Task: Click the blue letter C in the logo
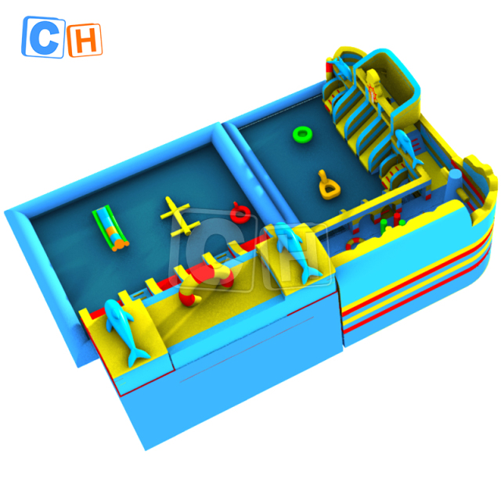pos(44,38)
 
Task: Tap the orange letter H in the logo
pos(85,41)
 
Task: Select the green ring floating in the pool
pos(302,134)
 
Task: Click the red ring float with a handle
pos(240,213)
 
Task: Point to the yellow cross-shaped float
pos(179,216)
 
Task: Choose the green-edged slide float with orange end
pos(110,228)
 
